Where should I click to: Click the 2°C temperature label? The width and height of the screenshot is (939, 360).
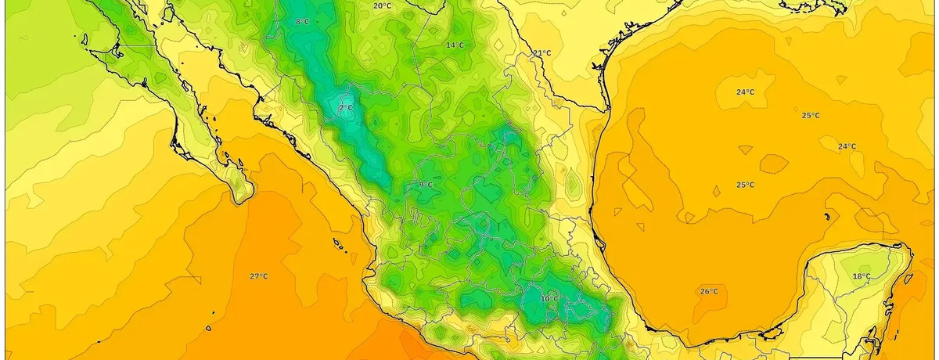point(345,107)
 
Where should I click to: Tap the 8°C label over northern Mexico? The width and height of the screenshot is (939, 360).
point(302,22)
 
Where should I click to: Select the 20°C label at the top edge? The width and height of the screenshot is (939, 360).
point(382,6)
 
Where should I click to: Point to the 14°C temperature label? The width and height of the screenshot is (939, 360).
point(455,45)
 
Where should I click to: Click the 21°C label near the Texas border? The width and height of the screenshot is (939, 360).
point(541,53)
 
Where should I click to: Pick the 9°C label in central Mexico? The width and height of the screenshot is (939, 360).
point(425,185)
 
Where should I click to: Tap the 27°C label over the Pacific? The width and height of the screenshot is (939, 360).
point(259,276)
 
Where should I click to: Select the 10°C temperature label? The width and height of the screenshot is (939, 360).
point(549,299)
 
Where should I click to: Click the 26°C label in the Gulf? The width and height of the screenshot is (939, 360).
point(709,292)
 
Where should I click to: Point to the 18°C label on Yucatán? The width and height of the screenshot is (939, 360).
point(861,276)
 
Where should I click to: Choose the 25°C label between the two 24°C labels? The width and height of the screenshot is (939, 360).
point(811,116)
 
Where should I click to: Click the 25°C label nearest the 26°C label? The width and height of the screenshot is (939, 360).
point(745,185)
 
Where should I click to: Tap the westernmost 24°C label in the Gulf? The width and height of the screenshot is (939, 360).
point(745,92)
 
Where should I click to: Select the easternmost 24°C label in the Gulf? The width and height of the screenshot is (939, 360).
point(847,146)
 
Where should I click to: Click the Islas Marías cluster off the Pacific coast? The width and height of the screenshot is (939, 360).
point(340,245)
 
